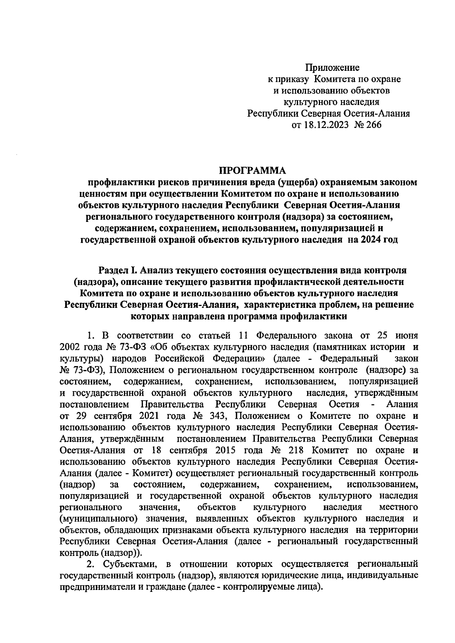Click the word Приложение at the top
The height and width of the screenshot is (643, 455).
[333, 68]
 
